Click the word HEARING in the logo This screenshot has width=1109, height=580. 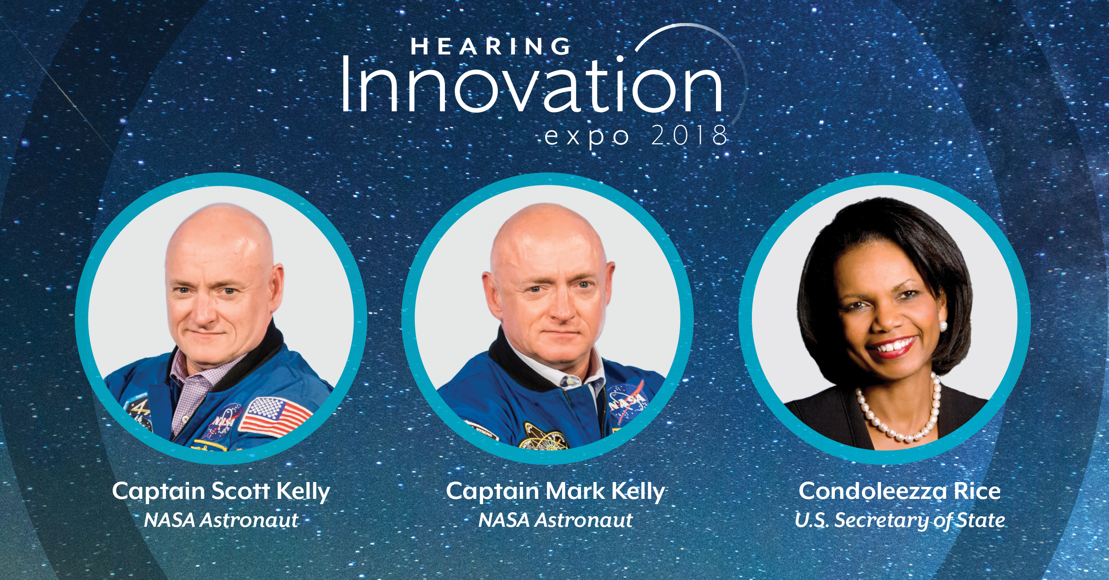pos(491,47)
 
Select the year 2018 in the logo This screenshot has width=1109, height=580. pos(689,135)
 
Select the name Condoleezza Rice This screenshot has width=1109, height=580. pos(900,491)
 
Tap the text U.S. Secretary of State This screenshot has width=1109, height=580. pos(900,520)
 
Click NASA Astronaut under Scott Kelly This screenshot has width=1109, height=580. pos(221,520)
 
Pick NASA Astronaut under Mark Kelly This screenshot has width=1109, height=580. pos(555,520)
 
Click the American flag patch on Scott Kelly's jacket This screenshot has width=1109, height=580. pos(275,417)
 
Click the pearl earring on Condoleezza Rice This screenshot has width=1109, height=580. pos(943,326)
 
